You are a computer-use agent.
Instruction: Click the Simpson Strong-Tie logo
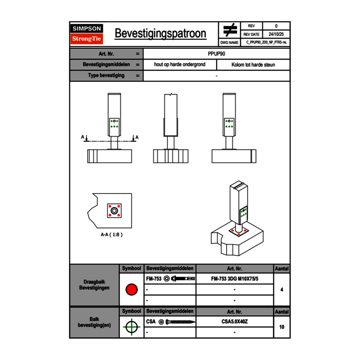point(87,34)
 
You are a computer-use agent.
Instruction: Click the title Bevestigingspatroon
point(160,34)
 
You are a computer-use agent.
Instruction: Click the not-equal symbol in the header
point(230,30)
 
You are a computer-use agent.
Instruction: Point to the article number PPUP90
point(216,54)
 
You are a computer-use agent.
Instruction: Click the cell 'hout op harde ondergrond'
point(180,65)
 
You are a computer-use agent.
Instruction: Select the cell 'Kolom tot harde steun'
point(253,65)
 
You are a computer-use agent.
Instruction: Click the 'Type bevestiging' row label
point(106,76)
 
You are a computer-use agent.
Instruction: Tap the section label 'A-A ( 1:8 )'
point(112,235)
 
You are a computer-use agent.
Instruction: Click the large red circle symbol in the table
point(131,290)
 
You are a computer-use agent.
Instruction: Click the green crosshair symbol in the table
point(131,327)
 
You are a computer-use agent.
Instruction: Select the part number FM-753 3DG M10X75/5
point(235,279)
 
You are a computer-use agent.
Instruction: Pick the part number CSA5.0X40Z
point(235,322)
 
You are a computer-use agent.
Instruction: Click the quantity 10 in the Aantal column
point(281,327)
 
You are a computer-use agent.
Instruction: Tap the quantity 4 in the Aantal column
point(281,290)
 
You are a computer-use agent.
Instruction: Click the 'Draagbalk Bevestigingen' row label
point(94,285)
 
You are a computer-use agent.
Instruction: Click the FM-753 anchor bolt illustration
point(182,279)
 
